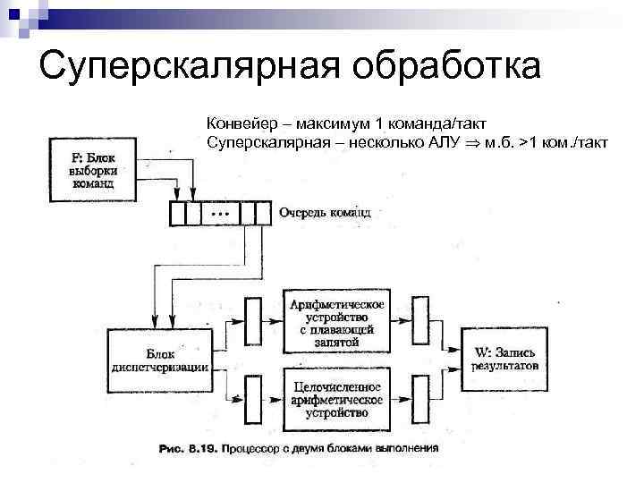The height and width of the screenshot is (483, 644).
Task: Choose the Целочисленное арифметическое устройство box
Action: pyautogui.click(x=336, y=399)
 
